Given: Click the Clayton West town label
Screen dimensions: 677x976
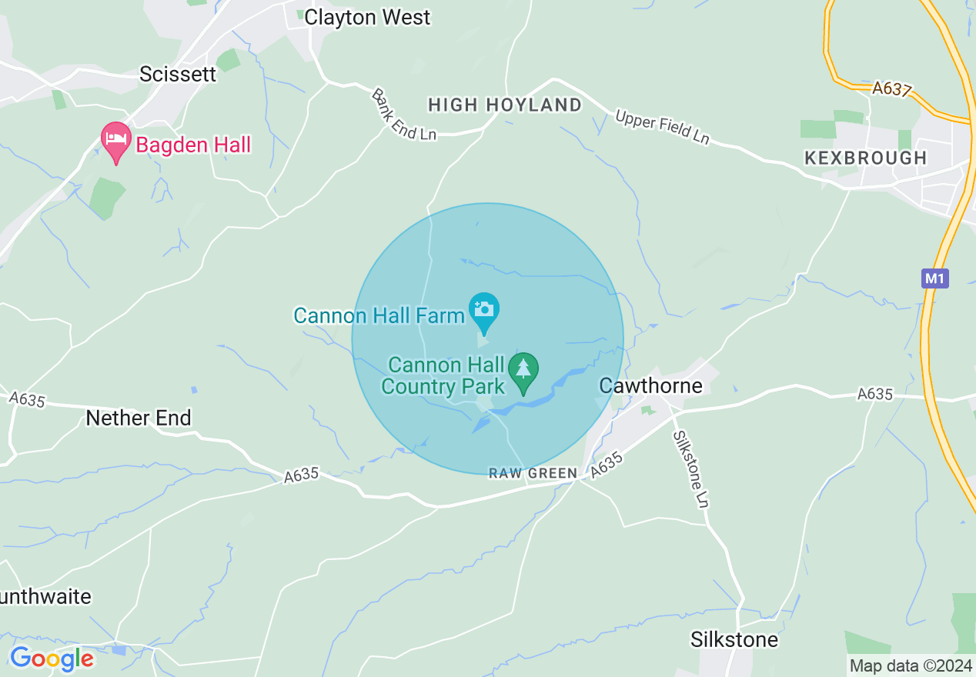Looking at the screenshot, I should coord(367,18).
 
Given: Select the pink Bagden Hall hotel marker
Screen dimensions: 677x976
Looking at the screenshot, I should coord(115,141).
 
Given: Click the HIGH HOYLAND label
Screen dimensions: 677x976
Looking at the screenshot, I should coord(505,105).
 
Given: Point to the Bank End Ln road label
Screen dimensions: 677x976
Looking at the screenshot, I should coord(403,115).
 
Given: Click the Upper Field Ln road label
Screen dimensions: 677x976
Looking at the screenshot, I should coord(662,128).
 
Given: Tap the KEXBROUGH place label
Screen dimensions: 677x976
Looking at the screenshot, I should coord(865,158).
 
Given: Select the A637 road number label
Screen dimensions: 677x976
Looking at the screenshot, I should coord(891,89).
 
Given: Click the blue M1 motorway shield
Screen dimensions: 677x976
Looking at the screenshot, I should coord(934,278).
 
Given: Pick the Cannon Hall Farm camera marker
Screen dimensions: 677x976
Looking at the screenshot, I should coord(484,309).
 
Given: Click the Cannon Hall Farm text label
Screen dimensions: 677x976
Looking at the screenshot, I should coord(379,315).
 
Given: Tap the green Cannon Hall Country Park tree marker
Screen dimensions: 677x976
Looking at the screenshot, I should coord(523,371).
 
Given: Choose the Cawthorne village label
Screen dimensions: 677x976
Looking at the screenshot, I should coord(650,385).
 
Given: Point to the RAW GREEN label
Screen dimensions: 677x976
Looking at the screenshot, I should coord(533,474).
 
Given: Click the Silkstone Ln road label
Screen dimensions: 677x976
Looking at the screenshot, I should coord(690,469).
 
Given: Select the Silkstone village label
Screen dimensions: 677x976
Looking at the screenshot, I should coord(734,639).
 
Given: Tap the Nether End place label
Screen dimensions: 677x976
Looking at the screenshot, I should coord(139,418).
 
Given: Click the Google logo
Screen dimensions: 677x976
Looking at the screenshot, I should coord(52,659).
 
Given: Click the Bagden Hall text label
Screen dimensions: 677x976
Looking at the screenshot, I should coord(193,145).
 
